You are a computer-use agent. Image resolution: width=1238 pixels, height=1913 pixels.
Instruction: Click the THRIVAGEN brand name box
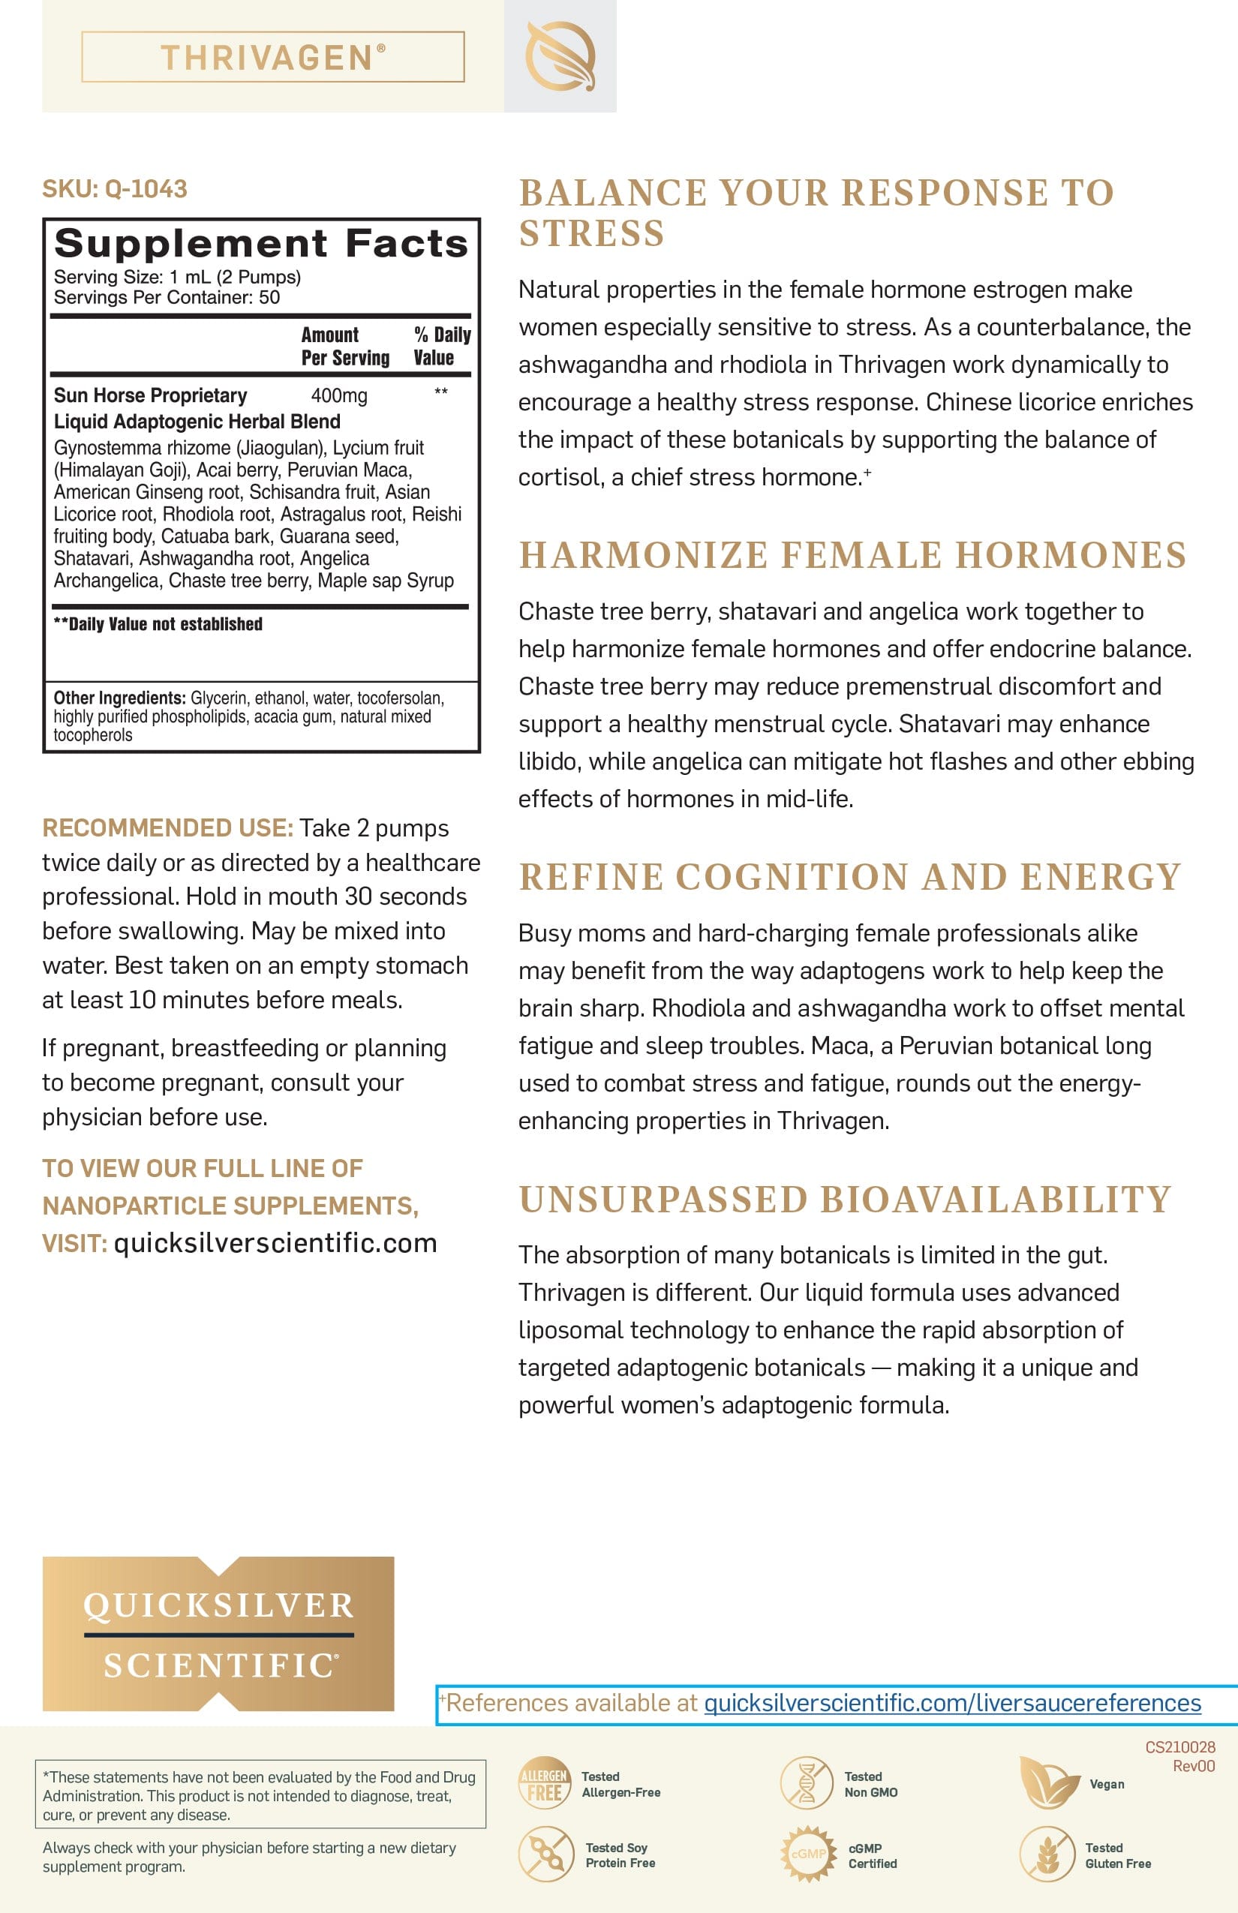[x=272, y=57]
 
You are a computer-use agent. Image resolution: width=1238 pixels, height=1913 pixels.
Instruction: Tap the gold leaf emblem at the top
[x=560, y=56]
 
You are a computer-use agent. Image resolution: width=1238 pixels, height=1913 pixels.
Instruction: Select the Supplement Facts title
[x=260, y=244]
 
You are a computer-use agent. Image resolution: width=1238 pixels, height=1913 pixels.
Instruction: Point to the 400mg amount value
[x=338, y=395]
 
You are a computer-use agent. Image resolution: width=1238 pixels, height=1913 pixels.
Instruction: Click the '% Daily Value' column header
[x=441, y=346]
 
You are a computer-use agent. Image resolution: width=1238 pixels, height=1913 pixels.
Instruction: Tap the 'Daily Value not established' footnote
[x=158, y=623]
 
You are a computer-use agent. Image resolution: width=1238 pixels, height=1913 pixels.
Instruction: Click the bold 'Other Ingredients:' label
[x=119, y=698]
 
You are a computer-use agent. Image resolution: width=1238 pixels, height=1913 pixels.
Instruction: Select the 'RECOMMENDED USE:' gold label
[x=167, y=828]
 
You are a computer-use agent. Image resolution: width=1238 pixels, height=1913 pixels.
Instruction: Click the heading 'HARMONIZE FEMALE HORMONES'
[x=852, y=554]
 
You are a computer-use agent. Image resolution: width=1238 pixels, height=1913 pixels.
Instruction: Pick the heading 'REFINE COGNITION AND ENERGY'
[x=849, y=876]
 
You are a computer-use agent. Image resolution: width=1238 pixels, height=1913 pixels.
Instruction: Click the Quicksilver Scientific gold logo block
[x=218, y=1633]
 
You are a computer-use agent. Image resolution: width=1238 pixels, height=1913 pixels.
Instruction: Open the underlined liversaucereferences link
[x=952, y=1702]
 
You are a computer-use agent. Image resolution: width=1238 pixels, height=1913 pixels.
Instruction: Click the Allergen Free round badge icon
[x=543, y=1782]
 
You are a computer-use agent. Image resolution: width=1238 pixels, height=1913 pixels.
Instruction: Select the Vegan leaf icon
[x=1047, y=1782]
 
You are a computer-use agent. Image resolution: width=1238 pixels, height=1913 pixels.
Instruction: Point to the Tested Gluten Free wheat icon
[x=1047, y=1854]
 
